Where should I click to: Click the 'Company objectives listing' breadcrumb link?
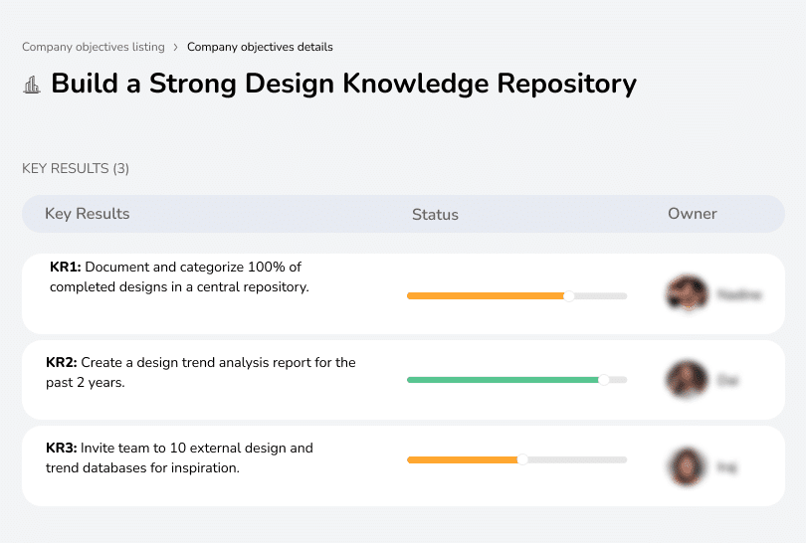click(x=94, y=47)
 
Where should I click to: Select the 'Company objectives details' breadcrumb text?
click(x=260, y=47)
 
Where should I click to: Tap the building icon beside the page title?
click(x=32, y=85)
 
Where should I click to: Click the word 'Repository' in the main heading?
click(x=566, y=83)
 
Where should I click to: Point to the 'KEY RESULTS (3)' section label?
click(x=76, y=168)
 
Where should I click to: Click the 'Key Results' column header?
click(x=87, y=214)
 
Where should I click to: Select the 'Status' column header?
click(x=435, y=214)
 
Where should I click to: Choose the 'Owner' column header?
click(x=693, y=214)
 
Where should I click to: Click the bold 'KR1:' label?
click(x=65, y=268)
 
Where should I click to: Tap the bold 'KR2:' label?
click(x=61, y=363)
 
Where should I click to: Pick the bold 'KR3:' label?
click(x=61, y=449)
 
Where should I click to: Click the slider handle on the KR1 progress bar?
click(x=569, y=295)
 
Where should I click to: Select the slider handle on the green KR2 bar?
click(x=603, y=380)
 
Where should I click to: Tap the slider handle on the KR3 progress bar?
click(x=522, y=459)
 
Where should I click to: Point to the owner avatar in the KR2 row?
click(x=687, y=380)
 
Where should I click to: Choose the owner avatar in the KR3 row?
click(x=687, y=465)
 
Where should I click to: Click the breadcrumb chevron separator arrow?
click(x=176, y=47)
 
